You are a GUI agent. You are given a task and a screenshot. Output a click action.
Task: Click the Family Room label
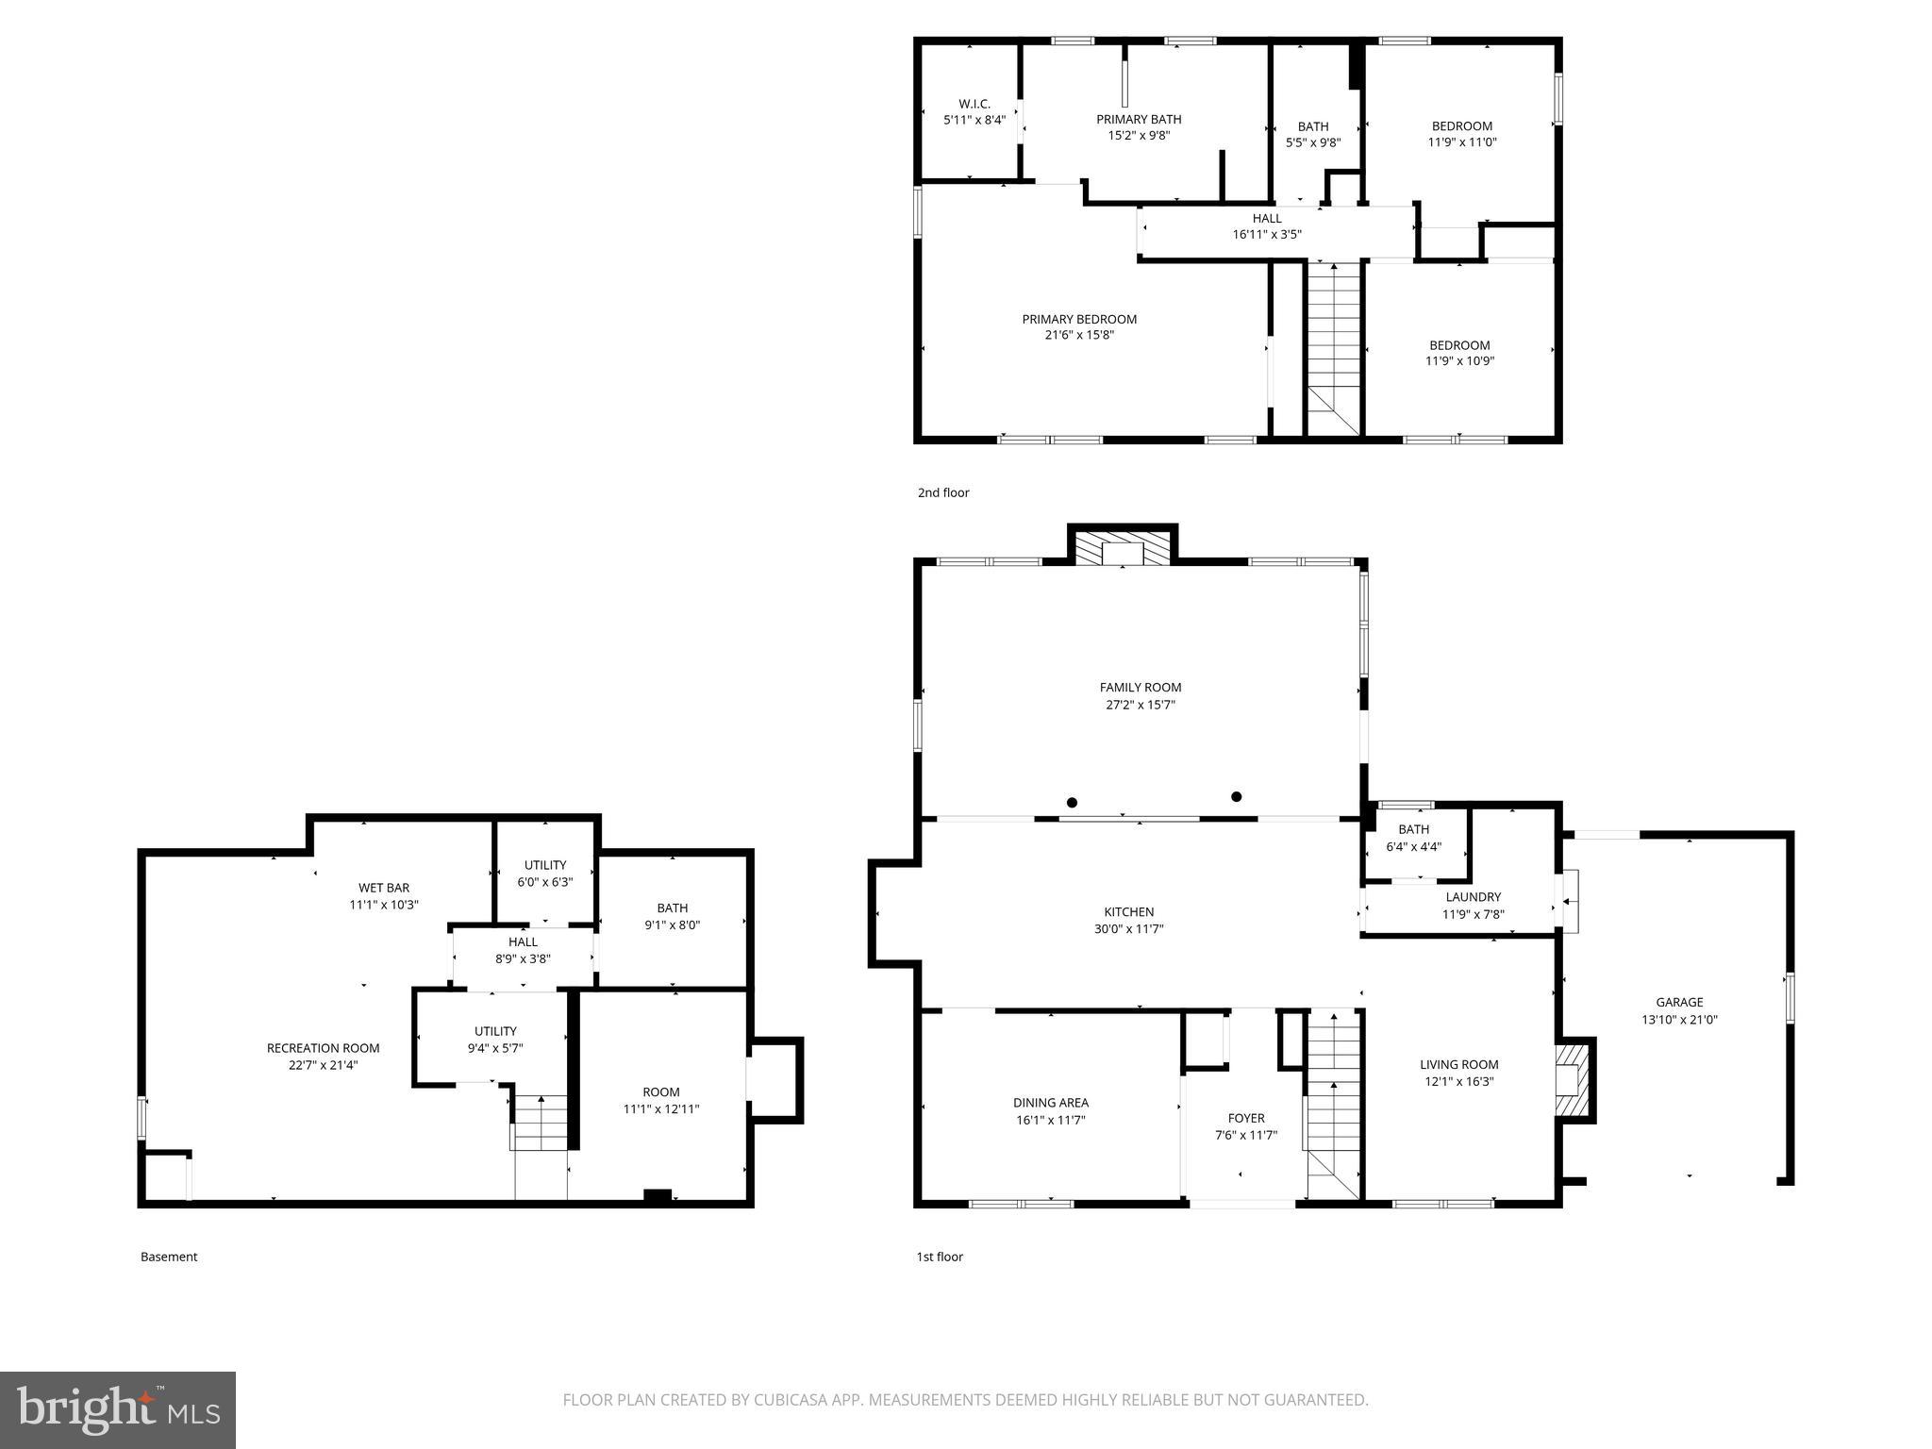point(1140,688)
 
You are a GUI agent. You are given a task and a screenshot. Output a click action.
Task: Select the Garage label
point(1679,1003)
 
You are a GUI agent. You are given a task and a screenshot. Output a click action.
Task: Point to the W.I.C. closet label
point(974,104)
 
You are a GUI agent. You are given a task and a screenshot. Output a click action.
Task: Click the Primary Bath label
point(1139,119)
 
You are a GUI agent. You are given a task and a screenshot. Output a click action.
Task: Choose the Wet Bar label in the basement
point(384,888)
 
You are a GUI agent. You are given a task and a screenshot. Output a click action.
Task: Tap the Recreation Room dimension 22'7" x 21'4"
point(324,1065)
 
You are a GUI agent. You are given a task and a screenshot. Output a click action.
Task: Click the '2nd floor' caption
point(943,492)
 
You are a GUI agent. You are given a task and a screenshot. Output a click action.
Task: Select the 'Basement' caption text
point(169,1257)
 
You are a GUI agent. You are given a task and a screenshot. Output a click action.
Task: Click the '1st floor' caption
point(940,1257)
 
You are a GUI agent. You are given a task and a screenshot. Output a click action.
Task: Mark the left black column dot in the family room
point(1072,803)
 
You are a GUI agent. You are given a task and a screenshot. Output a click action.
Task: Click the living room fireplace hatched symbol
point(1572,1079)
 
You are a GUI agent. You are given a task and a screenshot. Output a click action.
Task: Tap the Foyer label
point(1245,1119)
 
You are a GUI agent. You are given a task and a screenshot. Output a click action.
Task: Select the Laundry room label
point(1473,897)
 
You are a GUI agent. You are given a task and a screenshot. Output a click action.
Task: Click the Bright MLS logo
point(118,1409)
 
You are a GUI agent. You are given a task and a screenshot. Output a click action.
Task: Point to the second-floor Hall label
point(1267,219)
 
